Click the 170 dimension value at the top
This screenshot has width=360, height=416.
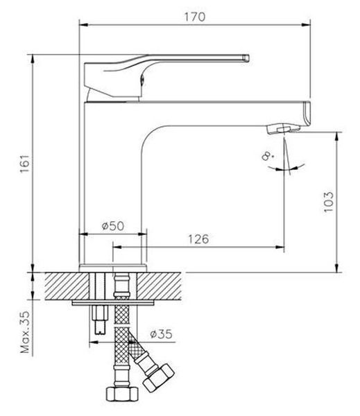pos(195,17)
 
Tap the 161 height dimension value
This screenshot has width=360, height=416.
pos(25,164)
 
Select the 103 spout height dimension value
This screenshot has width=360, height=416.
pos(328,201)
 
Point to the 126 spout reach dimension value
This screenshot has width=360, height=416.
pos(198,239)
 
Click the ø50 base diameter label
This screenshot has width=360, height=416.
pos(113,226)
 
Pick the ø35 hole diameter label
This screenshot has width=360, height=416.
pos(161,334)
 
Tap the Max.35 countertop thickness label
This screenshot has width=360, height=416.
pos(26,332)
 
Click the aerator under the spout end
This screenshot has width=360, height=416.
pos(283,130)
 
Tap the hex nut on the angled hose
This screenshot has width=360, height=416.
pos(158,378)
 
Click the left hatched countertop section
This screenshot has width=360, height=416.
pos(67,286)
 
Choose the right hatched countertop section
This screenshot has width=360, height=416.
pos(159,286)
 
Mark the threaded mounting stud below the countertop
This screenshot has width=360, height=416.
pos(100,320)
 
